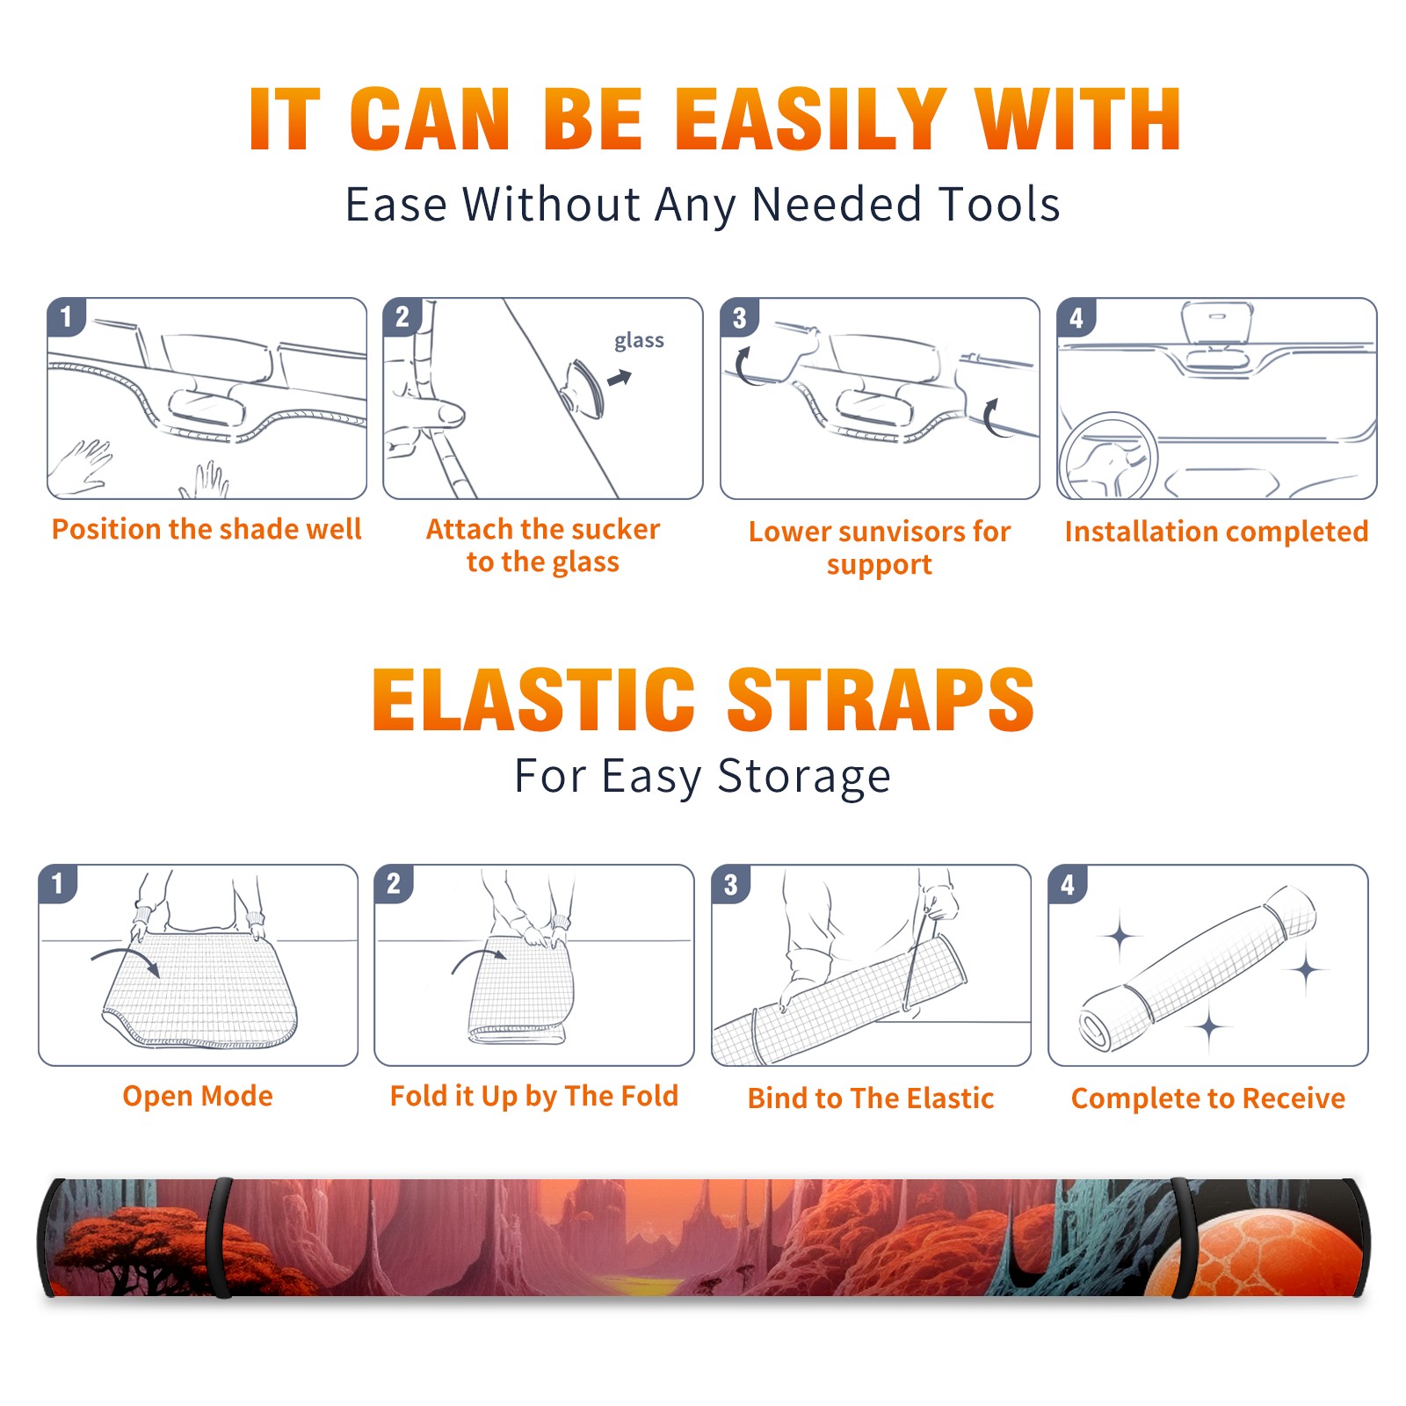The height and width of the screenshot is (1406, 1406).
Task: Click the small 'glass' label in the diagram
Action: tap(639, 341)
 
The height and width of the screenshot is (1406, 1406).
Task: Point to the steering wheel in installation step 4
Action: tap(1108, 457)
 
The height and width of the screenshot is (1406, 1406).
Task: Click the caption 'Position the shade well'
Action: tap(207, 529)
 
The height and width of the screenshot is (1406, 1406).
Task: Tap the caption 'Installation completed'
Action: tap(1216, 531)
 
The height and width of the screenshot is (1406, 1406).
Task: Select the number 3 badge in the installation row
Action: tap(738, 317)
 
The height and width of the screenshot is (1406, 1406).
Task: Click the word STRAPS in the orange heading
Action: tap(881, 699)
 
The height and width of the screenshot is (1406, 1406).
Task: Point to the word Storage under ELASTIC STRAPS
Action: tap(804, 777)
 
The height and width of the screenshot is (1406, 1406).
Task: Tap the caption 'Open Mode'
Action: tap(198, 1096)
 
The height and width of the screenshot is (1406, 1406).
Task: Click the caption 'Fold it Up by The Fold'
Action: tap(534, 1096)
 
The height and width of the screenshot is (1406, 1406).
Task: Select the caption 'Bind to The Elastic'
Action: tap(871, 1098)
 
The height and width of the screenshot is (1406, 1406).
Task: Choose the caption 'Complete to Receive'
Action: tap(1208, 1098)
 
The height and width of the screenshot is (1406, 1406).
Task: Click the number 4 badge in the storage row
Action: tap(1067, 884)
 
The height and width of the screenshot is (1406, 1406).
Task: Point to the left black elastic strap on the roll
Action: tap(219, 1237)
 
